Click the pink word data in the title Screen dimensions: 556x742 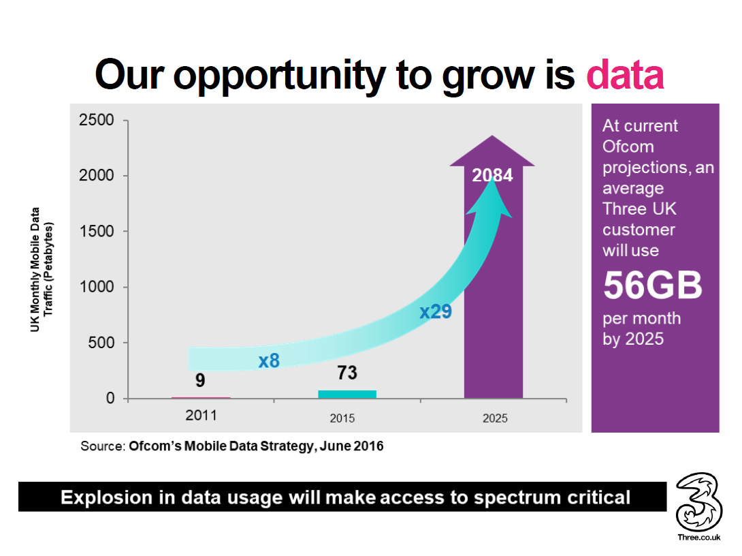[625, 75]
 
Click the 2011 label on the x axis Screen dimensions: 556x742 [201, 416]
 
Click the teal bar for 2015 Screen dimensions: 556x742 [347, 394]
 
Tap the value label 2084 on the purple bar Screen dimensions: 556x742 [493, 175]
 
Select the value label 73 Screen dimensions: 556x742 [346, 373]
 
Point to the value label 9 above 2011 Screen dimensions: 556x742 [200, 380]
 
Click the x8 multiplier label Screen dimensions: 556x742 [269, 360]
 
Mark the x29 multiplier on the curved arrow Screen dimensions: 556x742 [436, 312]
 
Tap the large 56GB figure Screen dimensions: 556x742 [652, 286]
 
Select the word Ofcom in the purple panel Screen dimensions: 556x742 [628, 146]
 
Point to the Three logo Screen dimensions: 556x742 [697, 504]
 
